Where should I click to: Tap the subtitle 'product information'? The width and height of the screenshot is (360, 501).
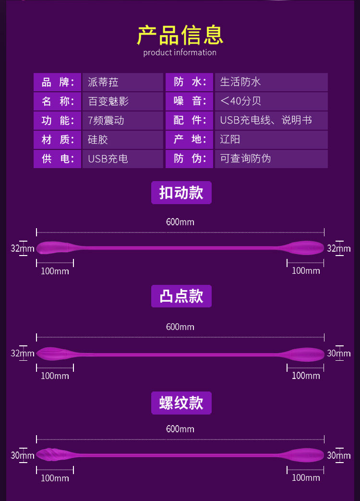(x=180, y=52)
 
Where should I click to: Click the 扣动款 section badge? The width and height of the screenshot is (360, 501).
(x=181, y=193)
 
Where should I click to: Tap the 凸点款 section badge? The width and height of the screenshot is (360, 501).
(x=181, y=296)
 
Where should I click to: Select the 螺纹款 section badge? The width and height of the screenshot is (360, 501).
(x=181, y=403)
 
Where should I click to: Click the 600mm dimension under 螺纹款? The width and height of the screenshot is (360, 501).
(x=180, y=429)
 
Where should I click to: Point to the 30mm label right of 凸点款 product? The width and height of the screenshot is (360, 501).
(x=339, y=354)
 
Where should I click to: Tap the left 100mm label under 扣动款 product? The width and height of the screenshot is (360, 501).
(x=55, y=271)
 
